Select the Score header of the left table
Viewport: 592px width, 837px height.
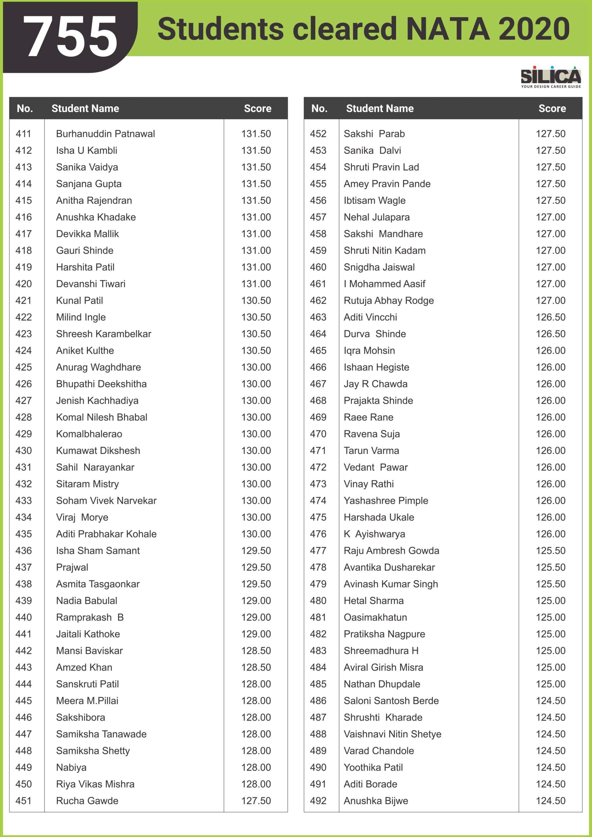point(257,108)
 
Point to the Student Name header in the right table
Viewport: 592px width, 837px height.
point(380,108)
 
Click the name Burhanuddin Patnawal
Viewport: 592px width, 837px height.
point(105,134)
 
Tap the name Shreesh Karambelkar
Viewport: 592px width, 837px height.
point(104,334)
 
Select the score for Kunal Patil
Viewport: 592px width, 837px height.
point(256,301)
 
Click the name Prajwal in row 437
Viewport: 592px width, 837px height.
point(72,568)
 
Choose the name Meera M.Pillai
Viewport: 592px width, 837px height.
point(87,701)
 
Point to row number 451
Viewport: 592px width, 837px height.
point(24,801)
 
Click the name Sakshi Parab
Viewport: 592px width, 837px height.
point(374,134)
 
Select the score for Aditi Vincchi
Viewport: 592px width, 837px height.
point(550,317)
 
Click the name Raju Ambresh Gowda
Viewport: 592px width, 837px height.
point(392,551)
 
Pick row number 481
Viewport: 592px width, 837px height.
point(318,618)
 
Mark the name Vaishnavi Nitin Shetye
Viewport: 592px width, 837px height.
point(392,734)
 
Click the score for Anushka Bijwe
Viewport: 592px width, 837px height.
point(550,801)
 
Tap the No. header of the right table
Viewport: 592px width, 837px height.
point(319,108)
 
